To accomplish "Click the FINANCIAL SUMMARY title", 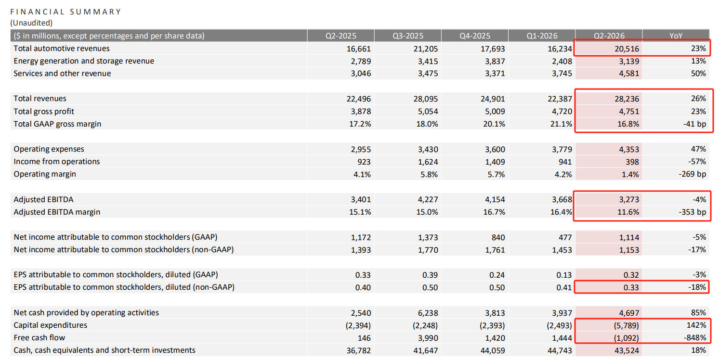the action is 65,12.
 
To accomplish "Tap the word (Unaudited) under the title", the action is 31,23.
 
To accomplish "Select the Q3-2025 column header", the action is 407,36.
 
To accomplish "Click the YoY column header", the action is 676,36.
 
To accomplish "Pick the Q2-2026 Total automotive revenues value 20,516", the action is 627,49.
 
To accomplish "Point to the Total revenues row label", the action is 40,99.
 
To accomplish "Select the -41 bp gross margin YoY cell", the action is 694,124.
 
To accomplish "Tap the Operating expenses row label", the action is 49,149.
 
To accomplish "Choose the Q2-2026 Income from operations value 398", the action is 632,162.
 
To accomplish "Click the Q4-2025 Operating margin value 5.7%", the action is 495,174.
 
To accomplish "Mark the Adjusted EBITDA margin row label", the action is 57,212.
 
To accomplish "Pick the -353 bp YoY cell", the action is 692,212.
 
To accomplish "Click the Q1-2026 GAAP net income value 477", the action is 565,237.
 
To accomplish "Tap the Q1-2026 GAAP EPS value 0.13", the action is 564,275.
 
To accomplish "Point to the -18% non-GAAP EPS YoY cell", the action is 697,287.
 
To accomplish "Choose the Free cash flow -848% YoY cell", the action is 694,337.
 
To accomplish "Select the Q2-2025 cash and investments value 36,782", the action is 359,350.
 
